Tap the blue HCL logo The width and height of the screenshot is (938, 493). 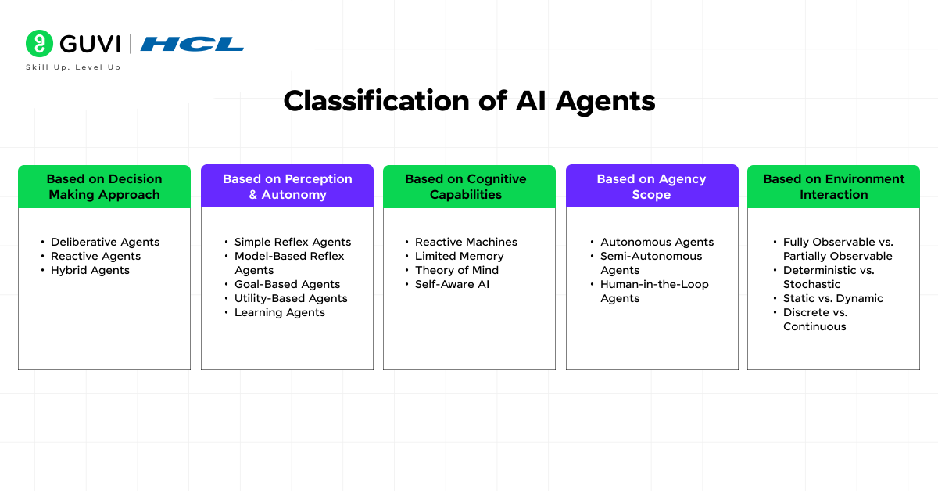(x=192, y=44)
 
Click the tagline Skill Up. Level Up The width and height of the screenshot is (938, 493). (x=73, y=67)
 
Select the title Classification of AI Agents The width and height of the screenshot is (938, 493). (x=469, y=101)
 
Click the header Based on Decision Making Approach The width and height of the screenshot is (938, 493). (x=104, y=186)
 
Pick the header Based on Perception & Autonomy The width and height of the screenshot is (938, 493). (x=287, y=186)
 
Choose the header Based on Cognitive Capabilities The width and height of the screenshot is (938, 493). (x=469, y=186)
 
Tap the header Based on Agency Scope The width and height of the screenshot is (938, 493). (x=651, y=186)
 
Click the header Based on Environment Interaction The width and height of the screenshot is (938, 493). (x=833, y=186)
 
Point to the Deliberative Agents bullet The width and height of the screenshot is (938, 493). (x=105, y=242)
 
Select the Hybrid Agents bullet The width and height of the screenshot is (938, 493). (x=90, y=270)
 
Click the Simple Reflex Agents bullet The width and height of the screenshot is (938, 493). (x=292, y=242)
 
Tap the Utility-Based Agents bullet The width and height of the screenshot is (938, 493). (x=291, y=298)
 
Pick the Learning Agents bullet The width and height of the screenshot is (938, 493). (x=279, y=312)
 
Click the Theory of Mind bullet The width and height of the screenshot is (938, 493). (x=456, y=270)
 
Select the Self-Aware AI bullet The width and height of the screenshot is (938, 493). (x=452, y=284)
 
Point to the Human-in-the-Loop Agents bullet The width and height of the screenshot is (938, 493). (x=653, y=291)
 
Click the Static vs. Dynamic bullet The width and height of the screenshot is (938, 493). (x=832, y=298)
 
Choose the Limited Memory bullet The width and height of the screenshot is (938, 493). (x=459, y=256)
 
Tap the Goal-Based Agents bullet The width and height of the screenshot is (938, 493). (x=287, y=284)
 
